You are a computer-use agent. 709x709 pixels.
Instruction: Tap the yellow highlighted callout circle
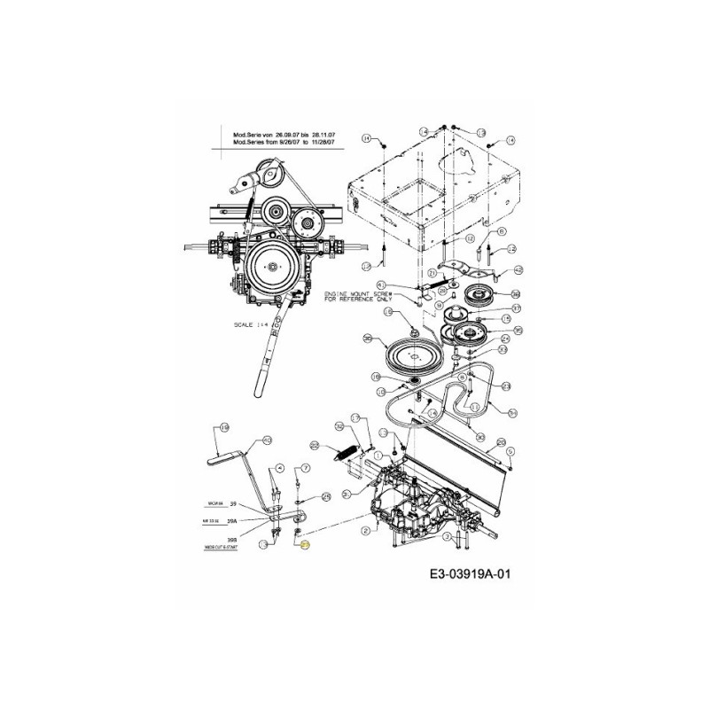306,547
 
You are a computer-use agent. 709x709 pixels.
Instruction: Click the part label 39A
233,521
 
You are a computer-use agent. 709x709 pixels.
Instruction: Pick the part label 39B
233,538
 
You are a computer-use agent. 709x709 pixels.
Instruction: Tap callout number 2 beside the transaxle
366,529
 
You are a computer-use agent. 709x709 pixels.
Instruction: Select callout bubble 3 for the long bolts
448,537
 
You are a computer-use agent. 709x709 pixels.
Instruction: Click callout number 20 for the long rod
501,442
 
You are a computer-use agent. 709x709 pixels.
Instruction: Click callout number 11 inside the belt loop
475,407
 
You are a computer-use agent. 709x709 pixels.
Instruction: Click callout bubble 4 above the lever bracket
280,466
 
